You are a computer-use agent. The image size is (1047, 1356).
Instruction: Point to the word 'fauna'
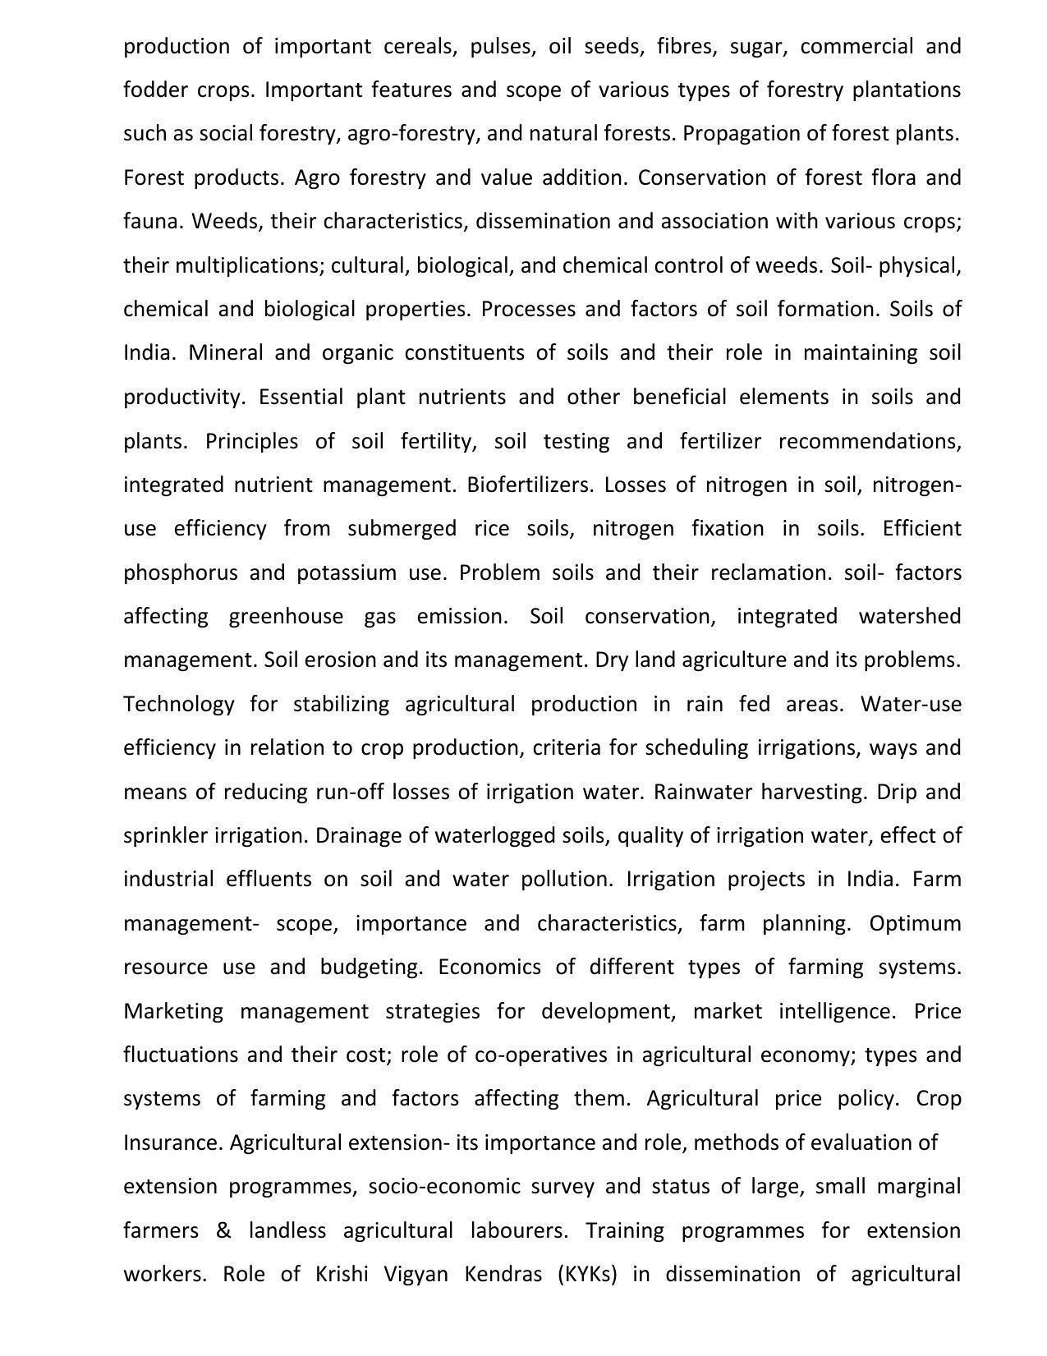click(154, 222)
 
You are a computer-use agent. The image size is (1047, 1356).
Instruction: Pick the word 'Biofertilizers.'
click(530, 485)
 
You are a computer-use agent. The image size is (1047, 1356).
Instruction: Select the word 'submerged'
click(402, 529)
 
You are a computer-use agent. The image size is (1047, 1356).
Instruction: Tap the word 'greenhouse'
click(286, 617)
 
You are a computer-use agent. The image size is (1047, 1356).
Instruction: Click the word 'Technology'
click(178, 705)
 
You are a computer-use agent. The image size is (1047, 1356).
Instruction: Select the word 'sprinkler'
click(165, 836)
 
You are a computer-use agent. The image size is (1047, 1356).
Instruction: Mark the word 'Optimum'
click(915, 924)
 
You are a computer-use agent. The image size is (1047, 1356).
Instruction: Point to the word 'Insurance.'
click(172, 1142)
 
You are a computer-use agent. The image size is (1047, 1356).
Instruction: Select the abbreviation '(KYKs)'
click(586, 1275)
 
